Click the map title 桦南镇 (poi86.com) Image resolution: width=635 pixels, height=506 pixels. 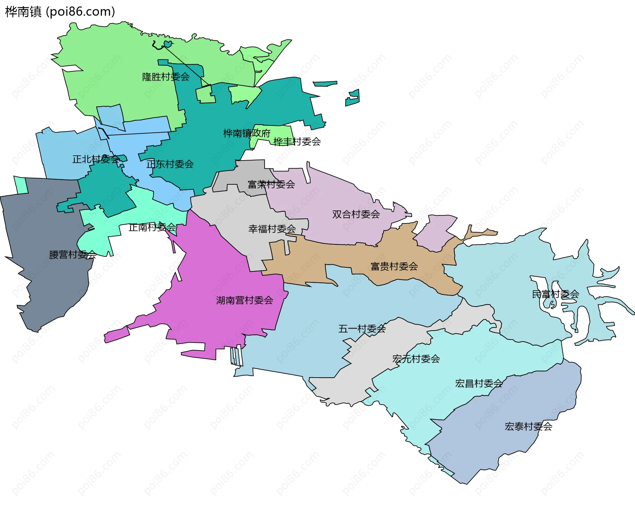point(60,12)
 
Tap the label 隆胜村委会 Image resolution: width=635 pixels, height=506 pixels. point(166,77)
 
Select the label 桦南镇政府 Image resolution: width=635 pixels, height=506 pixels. point(247,133)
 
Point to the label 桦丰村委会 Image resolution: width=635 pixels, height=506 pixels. point(297,142)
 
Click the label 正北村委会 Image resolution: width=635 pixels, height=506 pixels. point(96,159)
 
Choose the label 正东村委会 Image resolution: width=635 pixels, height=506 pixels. point(170,164)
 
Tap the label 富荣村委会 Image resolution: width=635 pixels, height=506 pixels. point(271,184)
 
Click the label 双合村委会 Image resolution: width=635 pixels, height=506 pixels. point(356,214)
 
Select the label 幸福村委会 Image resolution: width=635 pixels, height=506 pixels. point(272,229)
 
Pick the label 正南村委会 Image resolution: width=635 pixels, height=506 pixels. point(152,227)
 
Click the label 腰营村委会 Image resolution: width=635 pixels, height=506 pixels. point(73,254)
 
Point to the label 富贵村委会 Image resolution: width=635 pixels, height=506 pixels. point(394,266)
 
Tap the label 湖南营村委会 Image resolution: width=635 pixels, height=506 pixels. point(244,300)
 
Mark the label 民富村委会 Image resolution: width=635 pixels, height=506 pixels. point(555,294)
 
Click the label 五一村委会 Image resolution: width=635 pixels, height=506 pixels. point(362,329)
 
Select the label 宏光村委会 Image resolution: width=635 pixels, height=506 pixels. point(416,359)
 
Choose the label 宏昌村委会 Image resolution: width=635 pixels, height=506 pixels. point(479,383)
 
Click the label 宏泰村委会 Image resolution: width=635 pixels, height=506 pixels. point(528,426)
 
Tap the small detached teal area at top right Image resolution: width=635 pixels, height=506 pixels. point(353,98)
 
